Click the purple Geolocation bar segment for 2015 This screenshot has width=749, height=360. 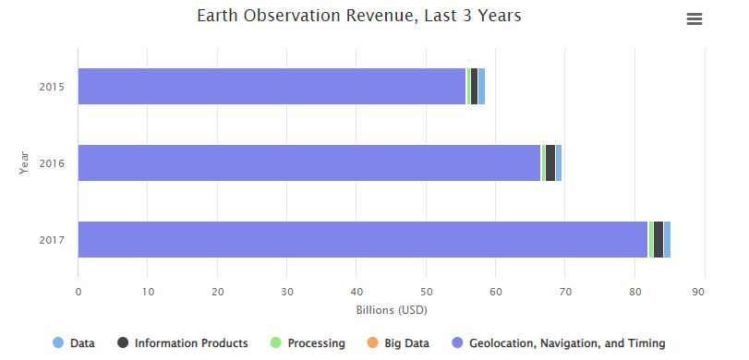pyautogui.click(x=272, y=86)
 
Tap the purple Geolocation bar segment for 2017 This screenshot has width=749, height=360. pyautogui.click(x=362, y=240)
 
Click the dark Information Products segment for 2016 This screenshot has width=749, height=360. pyautogui.click(x=550, y=163)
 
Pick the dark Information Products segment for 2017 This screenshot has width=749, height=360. pyautogui.click(x=658, y=240)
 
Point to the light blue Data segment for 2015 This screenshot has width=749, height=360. pyautogui.click(x=481, y=86)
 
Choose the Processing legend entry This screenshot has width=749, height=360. pyautogui.click(x=308, y=343)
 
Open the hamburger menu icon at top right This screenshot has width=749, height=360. pyautogui.click(x=695, y=19)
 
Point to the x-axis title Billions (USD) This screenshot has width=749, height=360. pyautogui.click(x=391, y=309)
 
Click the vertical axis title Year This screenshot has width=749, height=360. pyautogui.click(x=25, y=163)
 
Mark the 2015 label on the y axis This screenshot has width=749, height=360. pyautogui.click(x=51, y=87)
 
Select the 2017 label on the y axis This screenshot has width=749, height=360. pyautogui.click(x=51, y=241)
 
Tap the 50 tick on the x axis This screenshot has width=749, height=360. pyautogui.click(x=426, y=293)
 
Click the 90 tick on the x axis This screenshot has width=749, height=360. pyautogui.click(x=705, y=293)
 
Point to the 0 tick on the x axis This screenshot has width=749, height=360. pyautogui.click(x=78, y=293)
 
